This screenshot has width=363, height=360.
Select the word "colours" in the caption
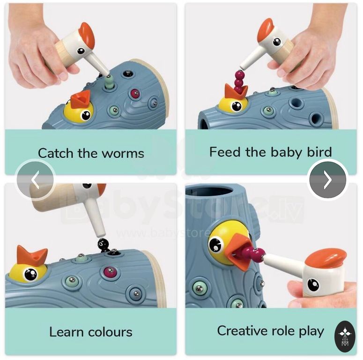coord(110,332)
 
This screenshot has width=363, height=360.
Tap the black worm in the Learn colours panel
coord(103,246)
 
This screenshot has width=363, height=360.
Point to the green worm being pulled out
coord(109,82)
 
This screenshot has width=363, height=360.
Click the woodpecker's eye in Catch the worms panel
coord(81,51)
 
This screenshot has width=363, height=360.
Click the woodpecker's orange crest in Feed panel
coord(266,29)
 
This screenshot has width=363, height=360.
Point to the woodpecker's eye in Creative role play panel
coord(313,284)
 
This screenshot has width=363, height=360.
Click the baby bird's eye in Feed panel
coord(237,106)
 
